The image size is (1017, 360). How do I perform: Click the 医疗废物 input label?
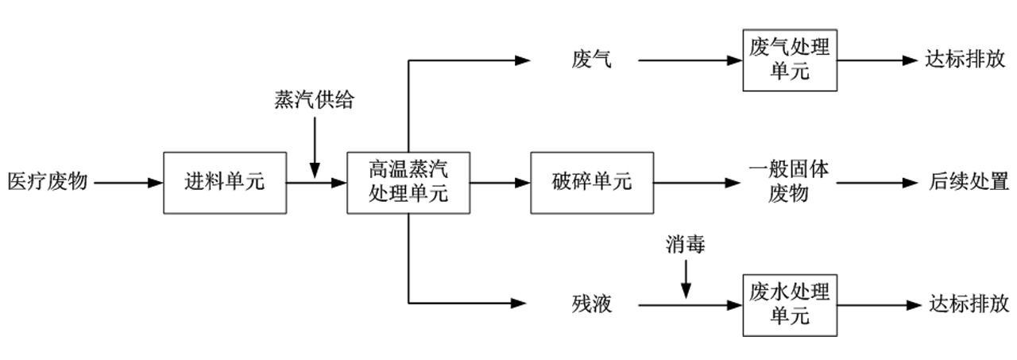click(x=47, y=182)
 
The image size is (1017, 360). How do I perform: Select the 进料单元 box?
click(x=224, y=182)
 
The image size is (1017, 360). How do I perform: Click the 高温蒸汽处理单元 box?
click(x=408, y=182)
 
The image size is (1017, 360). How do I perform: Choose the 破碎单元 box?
click(x=592, y=182)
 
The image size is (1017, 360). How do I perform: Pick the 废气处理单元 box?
click(x=790, y=60)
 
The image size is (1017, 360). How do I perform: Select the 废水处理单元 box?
click(x=790, y=304)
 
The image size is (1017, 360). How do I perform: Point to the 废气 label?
click(x=592, y=60)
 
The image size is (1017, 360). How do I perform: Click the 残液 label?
click(x=592, y=304)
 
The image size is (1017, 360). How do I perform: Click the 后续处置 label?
click(x=969, y=182)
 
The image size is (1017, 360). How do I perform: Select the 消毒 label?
click(x=686, y=246)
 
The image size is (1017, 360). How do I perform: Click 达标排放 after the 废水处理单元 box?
click(x=969, y=304)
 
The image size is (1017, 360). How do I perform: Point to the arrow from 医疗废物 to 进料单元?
click(x=128, y=182)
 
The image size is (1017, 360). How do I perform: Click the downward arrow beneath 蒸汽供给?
click(x=315, y=148)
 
